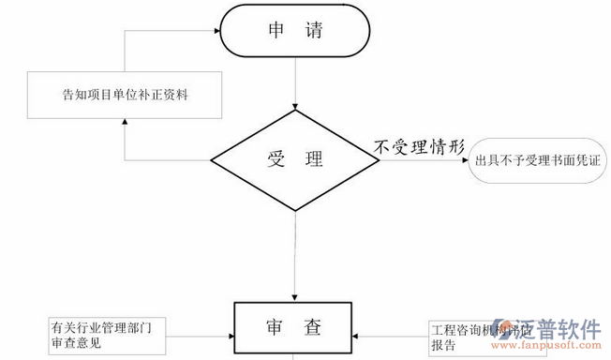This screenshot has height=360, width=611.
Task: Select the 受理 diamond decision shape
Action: [x=295, y=159]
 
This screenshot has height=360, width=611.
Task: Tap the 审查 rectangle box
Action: [x=295, y=329]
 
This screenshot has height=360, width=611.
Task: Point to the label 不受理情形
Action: [x=418, y=146]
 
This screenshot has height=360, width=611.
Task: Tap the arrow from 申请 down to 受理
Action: [x=295, y=84]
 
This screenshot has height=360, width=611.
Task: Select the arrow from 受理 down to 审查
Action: [x=295, y=253]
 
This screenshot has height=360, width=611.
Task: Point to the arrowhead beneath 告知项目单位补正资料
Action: [x=124, y=128]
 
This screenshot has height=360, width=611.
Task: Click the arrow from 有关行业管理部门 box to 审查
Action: [x=201, y=335]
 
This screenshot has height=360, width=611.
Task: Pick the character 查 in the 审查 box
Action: [x=312, y=328]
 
